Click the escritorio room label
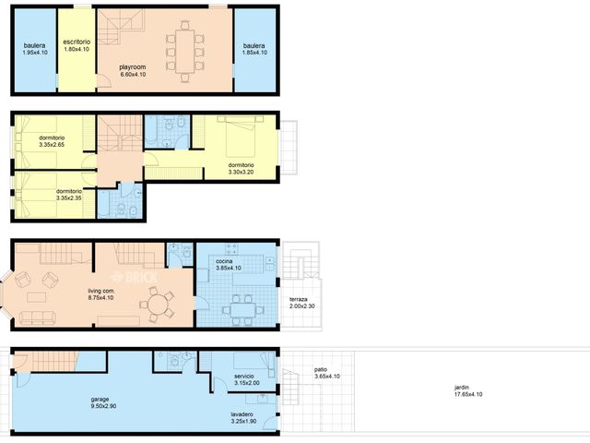77,42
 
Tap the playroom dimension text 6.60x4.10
133,74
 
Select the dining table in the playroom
184,52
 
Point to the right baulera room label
254,45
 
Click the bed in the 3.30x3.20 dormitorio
241,137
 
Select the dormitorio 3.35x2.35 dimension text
69,198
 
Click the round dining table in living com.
159,305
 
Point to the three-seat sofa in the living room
37,317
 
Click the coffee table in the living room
37,297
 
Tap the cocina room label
224,261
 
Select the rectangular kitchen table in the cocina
242,310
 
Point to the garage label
100,400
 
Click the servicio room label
243,376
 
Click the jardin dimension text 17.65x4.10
468,394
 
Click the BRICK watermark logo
135,278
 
